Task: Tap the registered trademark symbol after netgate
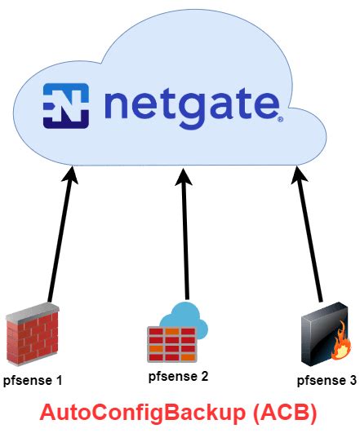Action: [x=281, y=119]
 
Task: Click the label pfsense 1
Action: [x=32, y=381]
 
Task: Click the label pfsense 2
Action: [x=178, y=377]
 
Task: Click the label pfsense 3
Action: [x=326, y=380]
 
